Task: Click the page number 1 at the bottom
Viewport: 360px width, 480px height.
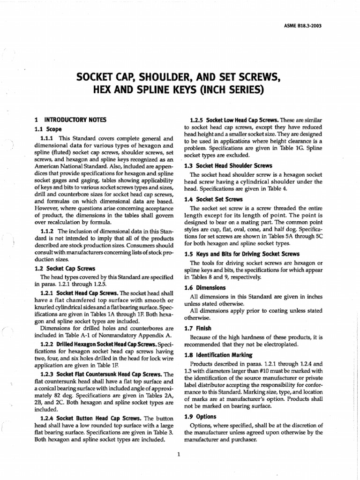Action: pyautogui.click(x=180, y=453)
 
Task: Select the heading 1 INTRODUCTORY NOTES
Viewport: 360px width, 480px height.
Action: pyautogui.click(x=71, y=120)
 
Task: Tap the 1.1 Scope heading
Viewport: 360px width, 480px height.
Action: pyautogui.click(x=49, y=129)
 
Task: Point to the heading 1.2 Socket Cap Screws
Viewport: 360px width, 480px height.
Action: pyautogui.click(x=65, y=269)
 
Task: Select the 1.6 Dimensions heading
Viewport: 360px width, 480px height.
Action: pyautogui.click(x=206, y=287)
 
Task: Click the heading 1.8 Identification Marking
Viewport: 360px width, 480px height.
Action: pyautogui.click(x=218, y=355)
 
